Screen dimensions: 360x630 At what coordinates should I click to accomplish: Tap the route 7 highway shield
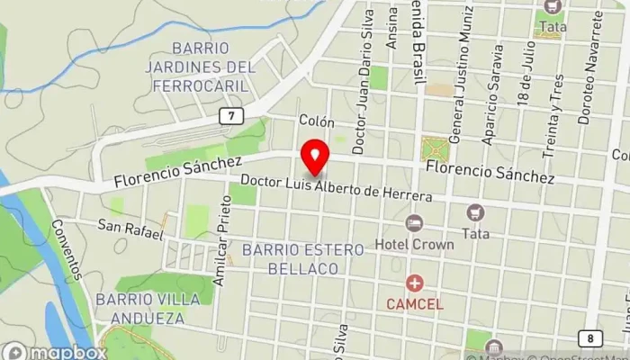pos(232,116)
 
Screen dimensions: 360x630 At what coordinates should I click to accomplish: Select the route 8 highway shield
pos(590,337)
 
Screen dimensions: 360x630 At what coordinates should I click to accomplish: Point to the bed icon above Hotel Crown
pos(414,222)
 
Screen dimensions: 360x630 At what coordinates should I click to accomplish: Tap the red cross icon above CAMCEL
pos(414,283)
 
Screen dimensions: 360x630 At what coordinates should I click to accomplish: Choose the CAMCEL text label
pos(414,304)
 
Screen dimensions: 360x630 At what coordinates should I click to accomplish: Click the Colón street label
pos(317,121)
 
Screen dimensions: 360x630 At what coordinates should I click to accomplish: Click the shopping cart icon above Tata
pos(475,213)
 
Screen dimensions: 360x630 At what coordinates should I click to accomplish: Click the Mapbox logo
pos(54,352)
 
